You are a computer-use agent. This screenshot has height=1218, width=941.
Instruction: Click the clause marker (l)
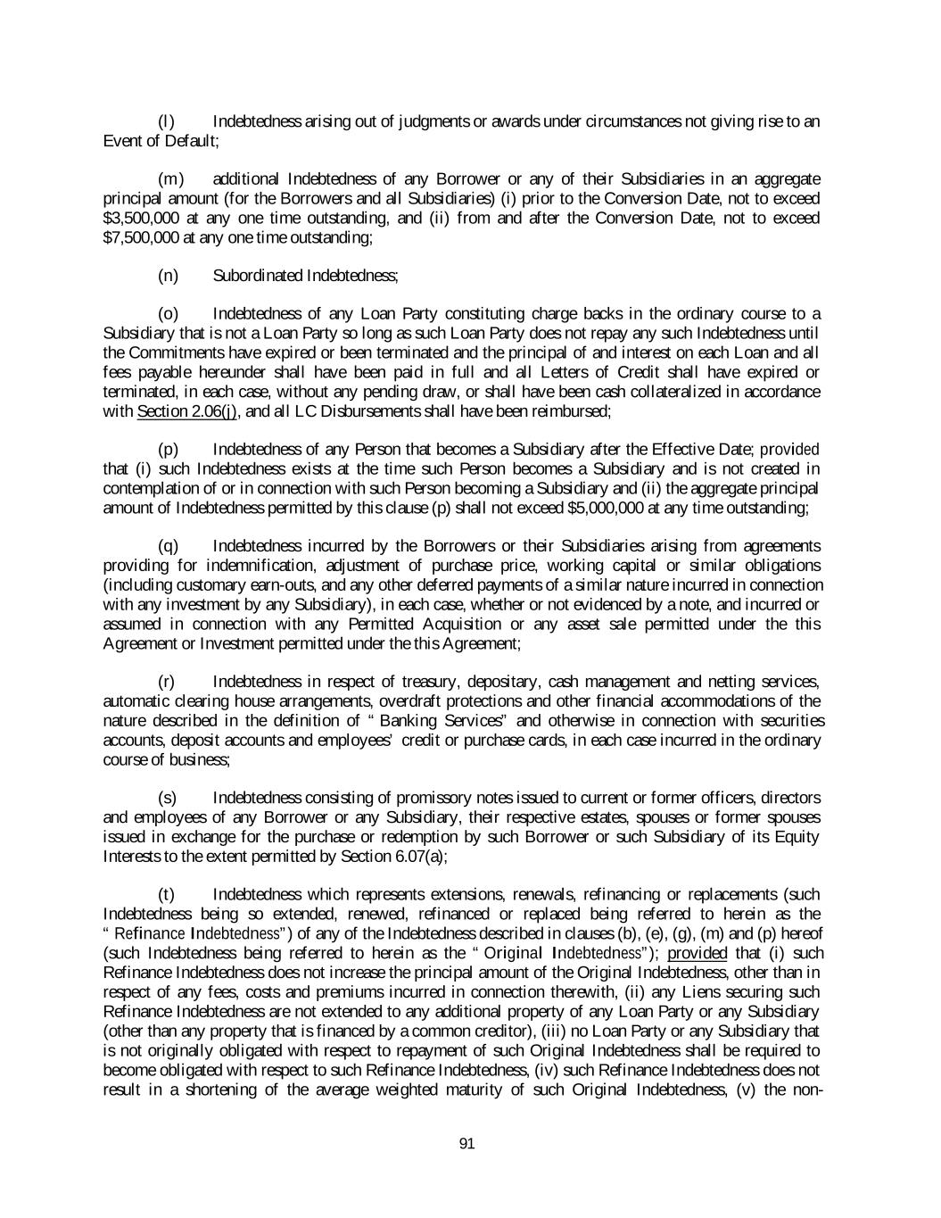165,121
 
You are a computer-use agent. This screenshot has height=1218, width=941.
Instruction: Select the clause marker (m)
167,179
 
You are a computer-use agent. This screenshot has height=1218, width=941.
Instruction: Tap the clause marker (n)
167,276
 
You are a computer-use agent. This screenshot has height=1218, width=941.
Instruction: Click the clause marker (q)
167,546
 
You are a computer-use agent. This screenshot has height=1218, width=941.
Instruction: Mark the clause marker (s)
167,798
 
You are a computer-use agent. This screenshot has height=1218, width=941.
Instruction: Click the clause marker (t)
166,894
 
